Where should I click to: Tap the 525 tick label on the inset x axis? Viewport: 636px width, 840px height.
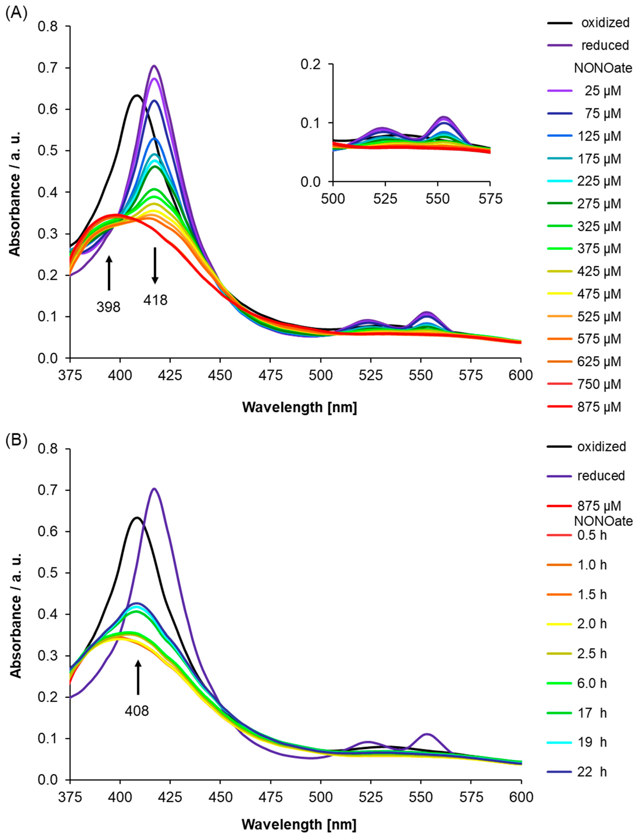tap(385, 199)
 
